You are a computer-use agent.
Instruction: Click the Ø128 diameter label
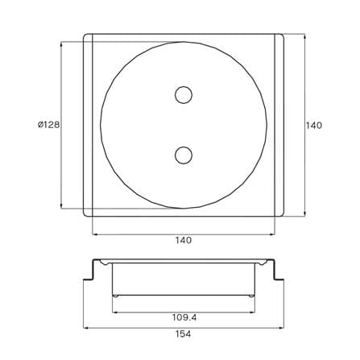click(48, 125)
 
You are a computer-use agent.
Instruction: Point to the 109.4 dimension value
click(184, 317)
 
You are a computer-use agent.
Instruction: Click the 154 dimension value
click(184, 334)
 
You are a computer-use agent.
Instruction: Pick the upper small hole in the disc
click(184, 95)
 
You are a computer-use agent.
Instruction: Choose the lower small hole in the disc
click(184, 155)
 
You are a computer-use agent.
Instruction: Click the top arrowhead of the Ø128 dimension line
click(61, 44)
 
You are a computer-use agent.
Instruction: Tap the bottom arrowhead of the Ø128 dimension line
click(61, 205)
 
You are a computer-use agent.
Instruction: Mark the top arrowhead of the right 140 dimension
click(305, 37)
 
